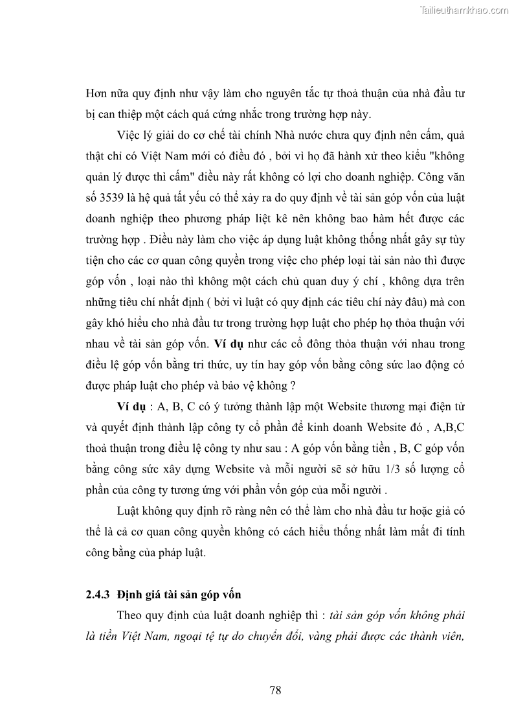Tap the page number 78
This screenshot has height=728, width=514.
(x=275, y=690)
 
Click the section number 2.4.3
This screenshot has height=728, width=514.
(x=100, y=593)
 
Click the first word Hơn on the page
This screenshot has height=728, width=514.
(x=96, y=93)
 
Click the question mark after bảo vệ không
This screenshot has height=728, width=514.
(x=293, y=386)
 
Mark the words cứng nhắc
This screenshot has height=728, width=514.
(x=215, y=115)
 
